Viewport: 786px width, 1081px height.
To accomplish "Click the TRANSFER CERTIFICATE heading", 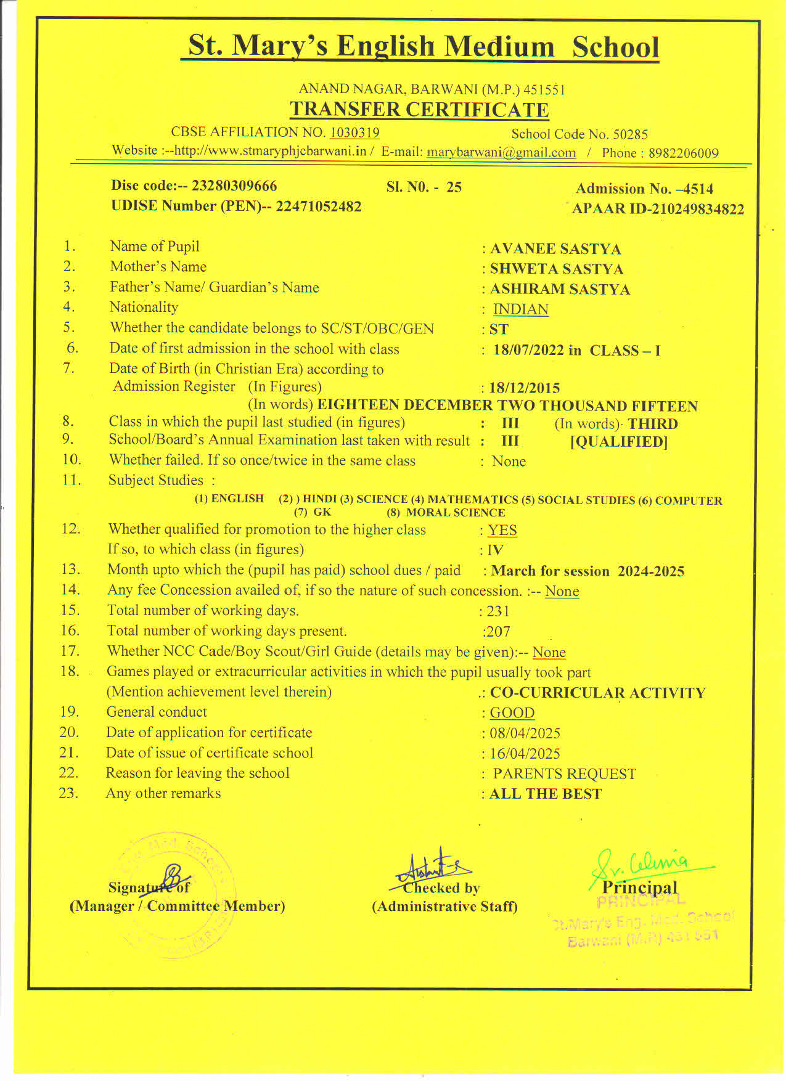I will [419, 110].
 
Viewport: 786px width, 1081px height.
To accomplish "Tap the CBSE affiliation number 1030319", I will [354, 133].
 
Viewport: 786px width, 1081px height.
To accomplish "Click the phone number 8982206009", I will [683, 153].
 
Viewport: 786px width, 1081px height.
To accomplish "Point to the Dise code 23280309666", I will [234, 186].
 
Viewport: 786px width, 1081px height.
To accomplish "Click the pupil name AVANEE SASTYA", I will [555, 249].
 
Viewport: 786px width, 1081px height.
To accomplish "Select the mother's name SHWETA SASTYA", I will [557, 269].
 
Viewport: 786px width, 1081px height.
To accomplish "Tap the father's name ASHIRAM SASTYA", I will [560, 290].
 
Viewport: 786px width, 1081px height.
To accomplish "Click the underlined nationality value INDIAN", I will [521, 309].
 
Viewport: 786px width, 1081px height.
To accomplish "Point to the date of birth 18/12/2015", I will [525, 388].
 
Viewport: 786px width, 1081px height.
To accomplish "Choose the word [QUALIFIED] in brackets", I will [619, 442].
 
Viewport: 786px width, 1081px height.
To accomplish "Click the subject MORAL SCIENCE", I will [456, 513].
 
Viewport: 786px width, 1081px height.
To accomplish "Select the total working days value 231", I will [498, 611].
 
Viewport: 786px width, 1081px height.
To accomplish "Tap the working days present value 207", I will [497, 632].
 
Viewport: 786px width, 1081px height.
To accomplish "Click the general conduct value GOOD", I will [512, 713].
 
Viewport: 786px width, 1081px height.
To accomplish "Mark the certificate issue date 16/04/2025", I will [525, 754].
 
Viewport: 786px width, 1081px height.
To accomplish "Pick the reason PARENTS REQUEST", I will [564, 774].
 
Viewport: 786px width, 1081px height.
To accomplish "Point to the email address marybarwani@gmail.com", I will [501, 153].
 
